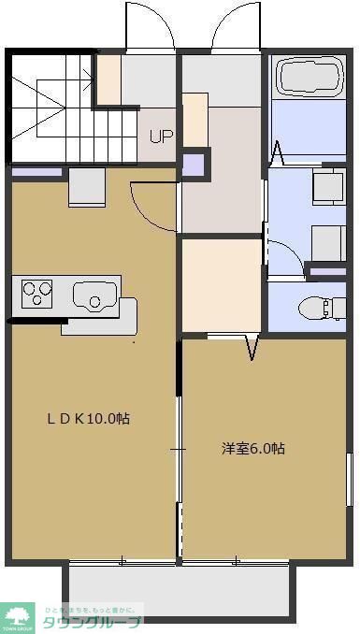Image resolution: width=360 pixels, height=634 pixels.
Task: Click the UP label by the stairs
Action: tap(161, 136)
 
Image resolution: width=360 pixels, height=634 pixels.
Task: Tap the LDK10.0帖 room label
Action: tap(89, 419)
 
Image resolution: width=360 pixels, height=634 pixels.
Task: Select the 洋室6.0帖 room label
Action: tap(253, 448)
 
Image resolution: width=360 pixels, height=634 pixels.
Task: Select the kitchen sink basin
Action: tap(94, 297)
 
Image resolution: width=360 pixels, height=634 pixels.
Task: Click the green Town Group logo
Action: tap(18, 618)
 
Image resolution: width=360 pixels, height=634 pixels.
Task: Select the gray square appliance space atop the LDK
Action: tap(87, 187)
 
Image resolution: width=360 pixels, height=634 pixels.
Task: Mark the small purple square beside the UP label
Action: tap(193, 164)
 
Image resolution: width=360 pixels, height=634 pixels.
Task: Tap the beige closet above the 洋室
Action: tap(222, 285)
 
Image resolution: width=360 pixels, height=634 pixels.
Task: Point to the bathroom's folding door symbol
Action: tap(278, 150)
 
